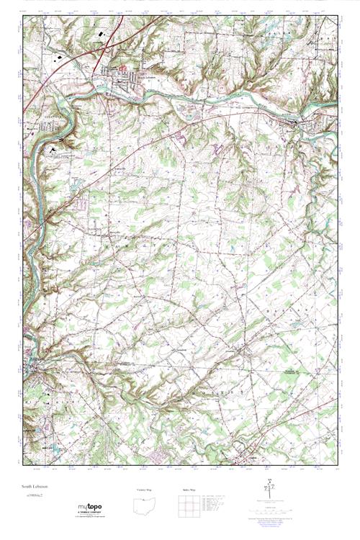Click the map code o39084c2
32,497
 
